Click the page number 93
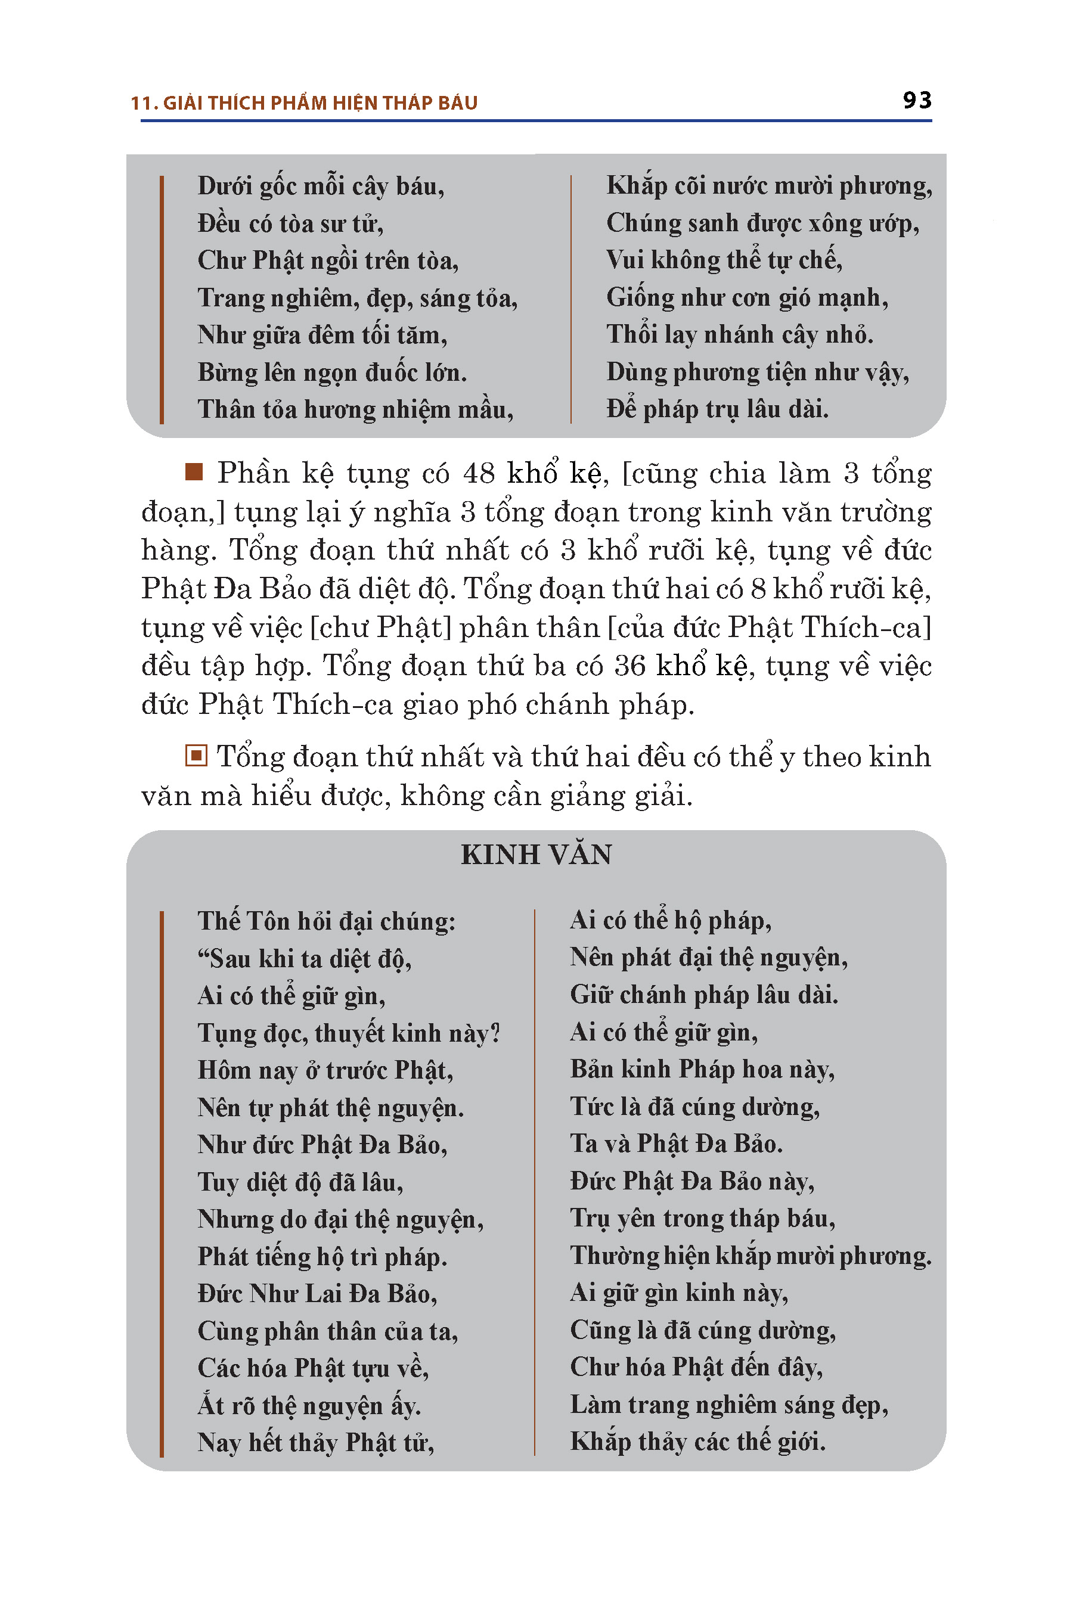pyautogui.click(x=916, y=101)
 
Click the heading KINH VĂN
pyautogui.click(x=536, y=855)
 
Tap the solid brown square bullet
pyautogui.click(x=194, y=471)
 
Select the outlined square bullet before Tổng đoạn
pyautogui.click(x=196, y=756)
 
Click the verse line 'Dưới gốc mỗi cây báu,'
pyautogui.click(x=320, y=186)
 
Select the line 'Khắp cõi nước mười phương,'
pyautogui.click(x=768, y=185)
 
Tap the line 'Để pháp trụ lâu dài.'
pyautogui.click(x=717, y=409)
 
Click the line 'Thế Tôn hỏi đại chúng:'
pyautogui.click(x=327, y=921)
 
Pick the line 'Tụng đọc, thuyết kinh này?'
pyautogui.click(x=349, y=1033)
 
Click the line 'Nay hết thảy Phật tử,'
pyautogui.click(x=315, y=1442)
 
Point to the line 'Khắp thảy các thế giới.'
pyautogui.click(x=697, y=1441)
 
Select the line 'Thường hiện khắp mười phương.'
pyautogui.click(x=750, y=1256)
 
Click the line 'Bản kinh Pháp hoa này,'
pyautogui.click(x=702, y=1069)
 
